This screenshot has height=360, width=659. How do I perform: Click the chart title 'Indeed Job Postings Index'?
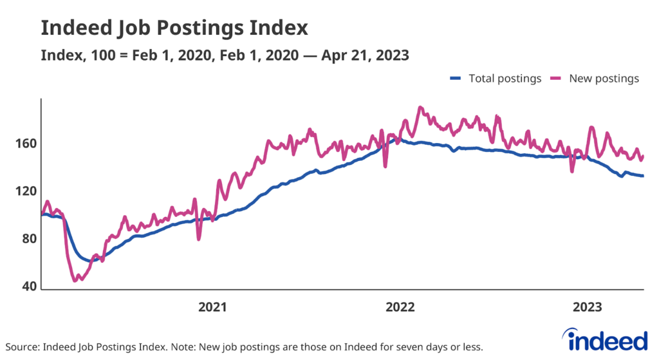(174, 28)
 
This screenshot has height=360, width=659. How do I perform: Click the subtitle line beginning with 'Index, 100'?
(225, 55)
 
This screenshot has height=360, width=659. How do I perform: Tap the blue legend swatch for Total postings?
(456, 79)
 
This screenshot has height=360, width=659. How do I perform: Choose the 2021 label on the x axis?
(212, 307)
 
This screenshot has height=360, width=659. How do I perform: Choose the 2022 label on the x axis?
(400, 307)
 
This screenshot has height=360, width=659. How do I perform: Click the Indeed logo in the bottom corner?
(604, 339)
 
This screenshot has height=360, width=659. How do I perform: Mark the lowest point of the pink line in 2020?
(75, 280)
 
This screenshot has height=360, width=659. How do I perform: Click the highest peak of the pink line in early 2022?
(420, 108)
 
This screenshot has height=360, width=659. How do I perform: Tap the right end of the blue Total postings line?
(643, 176)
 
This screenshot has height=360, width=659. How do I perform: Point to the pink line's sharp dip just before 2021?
(199, 239)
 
